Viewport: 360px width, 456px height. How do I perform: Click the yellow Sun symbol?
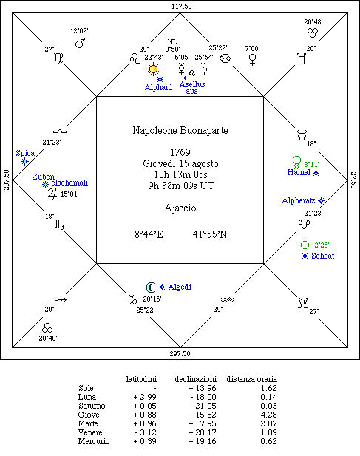point(153,69)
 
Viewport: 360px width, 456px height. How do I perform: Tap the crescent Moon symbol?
point(149,287)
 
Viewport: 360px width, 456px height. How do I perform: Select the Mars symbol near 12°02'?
point(81,43)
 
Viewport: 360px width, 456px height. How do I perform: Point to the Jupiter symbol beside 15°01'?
point(52,194)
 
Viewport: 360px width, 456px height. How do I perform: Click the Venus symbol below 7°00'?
point(252,60)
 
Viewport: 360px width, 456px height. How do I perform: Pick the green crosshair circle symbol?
point(305,245)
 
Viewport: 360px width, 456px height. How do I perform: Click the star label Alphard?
point(158,87)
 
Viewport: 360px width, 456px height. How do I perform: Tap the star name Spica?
point(25,153)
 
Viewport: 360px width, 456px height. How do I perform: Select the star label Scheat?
point(323,256)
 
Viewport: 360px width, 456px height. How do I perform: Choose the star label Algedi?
point(180,287)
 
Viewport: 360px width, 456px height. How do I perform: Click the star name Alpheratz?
point(299,200)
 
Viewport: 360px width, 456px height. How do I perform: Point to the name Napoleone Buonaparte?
point(180,130)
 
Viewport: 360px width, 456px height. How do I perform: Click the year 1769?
point(180,152)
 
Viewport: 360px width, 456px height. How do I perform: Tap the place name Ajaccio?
point(180,208)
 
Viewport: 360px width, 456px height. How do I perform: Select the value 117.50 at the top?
point(182,7)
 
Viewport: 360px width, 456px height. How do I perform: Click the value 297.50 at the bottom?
point(180,353)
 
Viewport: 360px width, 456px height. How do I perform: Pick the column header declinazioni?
point(196,379)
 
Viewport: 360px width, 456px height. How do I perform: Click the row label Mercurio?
point(94,441)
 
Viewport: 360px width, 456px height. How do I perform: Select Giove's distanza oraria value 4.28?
point(268,415)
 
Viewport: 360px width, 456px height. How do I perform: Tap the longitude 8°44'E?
point(149,234)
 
